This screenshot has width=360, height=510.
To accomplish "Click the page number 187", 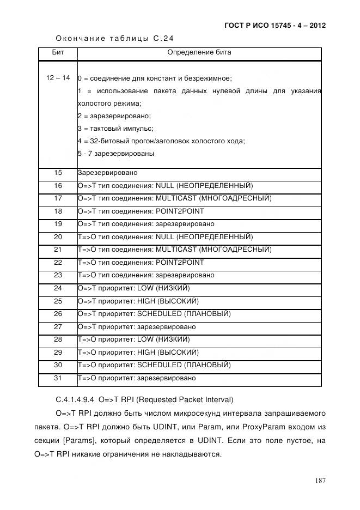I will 320,480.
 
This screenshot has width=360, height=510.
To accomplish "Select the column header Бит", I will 58,53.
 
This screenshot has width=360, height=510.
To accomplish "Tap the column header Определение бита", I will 199,53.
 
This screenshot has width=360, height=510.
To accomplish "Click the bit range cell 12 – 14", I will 58,78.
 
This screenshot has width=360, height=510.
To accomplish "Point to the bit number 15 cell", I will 58,173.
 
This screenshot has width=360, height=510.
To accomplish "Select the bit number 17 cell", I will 58,198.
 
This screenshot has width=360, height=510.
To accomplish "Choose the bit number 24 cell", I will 58,288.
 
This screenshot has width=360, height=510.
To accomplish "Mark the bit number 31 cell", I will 58,378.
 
